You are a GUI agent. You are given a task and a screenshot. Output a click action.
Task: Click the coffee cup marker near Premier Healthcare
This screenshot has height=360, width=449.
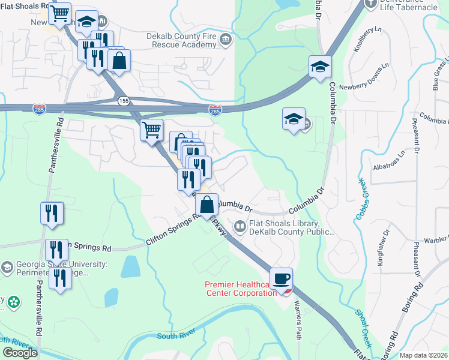281,278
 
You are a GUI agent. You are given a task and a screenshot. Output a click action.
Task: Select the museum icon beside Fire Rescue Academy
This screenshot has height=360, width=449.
226,40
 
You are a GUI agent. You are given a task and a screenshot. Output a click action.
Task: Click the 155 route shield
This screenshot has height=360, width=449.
123,100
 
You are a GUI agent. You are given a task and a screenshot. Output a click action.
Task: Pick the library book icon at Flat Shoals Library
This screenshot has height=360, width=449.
240,227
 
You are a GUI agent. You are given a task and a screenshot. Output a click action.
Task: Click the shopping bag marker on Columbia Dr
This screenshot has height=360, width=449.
206,205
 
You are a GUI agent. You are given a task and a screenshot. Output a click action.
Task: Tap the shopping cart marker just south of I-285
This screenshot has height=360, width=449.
151,130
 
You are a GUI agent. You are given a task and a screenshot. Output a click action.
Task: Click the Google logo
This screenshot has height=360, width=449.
20,353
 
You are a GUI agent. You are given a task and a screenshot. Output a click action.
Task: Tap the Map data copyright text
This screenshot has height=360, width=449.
423,355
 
